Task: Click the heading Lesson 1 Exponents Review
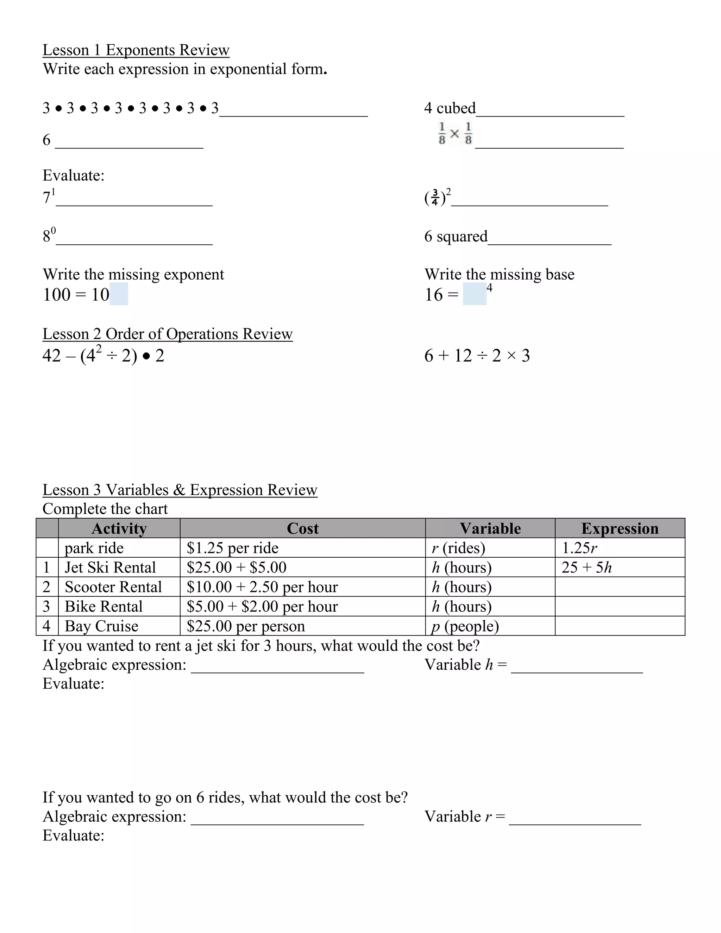point(136,50)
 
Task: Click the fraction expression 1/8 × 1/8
point(455,134)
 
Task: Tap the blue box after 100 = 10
point(119,294)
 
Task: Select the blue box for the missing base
point(475,294)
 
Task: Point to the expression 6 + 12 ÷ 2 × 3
point(477,356)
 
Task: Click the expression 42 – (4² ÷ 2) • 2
point(104,356)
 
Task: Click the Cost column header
point(302,528)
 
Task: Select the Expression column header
point(619,528)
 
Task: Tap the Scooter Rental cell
point(114,587)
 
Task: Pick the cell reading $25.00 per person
point(246,626)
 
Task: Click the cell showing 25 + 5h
point(587,567)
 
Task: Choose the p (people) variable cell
point(465,626)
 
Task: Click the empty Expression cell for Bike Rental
point(619,607)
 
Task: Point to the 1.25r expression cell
point(579,548)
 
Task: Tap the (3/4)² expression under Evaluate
point(437,197)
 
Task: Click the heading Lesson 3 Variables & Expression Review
point(180,490)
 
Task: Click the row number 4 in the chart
point(46,626)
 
